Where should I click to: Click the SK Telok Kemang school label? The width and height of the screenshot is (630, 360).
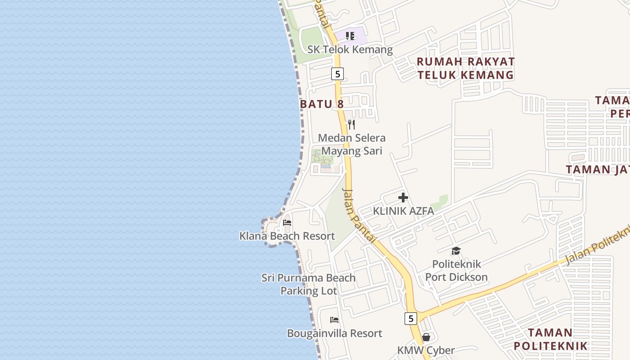(350, 49)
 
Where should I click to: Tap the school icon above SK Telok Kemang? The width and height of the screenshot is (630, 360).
(350, 36)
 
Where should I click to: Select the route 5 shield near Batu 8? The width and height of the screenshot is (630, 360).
(337, 73)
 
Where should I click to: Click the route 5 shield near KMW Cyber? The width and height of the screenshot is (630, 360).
(410, 319)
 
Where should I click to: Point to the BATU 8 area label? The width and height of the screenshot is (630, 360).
(322, 104)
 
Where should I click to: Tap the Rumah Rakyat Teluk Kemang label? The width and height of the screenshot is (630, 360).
(465, 68)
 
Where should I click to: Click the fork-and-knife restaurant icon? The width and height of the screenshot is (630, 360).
(351, 124)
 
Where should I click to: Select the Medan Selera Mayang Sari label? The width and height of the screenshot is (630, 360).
(351, 144)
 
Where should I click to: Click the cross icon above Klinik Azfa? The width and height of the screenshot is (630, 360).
(403, 198)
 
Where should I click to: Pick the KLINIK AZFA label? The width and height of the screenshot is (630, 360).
(403, 211)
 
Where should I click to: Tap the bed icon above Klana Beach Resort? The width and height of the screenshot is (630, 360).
(287, 223)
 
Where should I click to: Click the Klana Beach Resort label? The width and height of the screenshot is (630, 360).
(287, 236)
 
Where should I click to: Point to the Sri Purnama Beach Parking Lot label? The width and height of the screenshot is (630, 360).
(309, 284)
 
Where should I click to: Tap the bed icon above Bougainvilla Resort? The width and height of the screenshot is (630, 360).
(334, 320)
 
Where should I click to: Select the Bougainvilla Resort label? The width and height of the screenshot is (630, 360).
(334, 333)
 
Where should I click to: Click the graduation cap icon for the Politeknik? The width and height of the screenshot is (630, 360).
(456, 251)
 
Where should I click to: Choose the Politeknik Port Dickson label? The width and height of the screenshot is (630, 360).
(456, 270)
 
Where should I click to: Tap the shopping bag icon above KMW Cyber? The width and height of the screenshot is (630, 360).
(426, 337)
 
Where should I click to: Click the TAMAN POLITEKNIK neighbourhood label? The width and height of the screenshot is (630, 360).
(550, 339)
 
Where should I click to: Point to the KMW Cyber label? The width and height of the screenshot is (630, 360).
(426, 350)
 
